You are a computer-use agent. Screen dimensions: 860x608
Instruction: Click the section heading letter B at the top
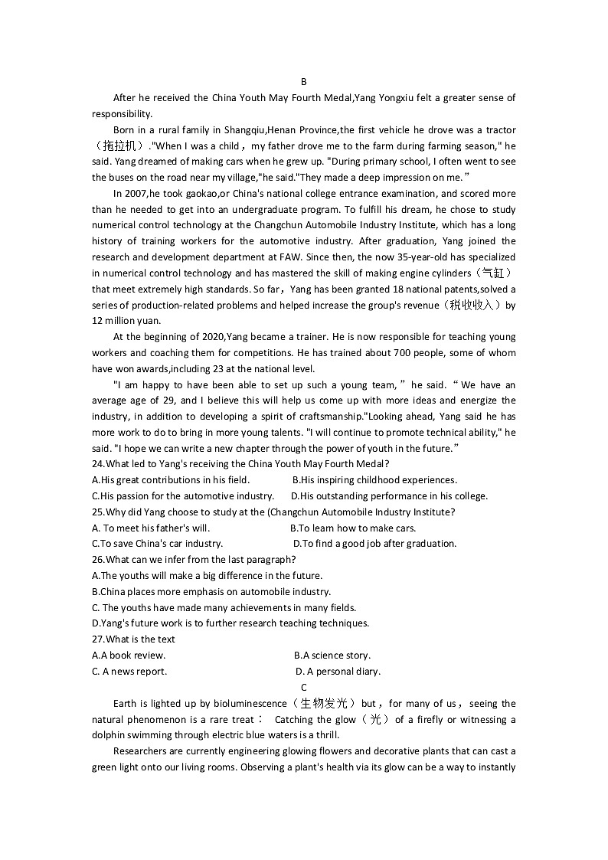pyautogui.click(x=303, y=82)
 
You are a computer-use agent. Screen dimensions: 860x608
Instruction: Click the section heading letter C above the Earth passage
pyautogui.click(x=303, y=687)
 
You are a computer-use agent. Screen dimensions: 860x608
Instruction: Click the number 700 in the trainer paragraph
pyautogui.click(x=403, y=353)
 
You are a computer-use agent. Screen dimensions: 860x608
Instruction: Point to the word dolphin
pyautogui.click(x=110, y=735)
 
